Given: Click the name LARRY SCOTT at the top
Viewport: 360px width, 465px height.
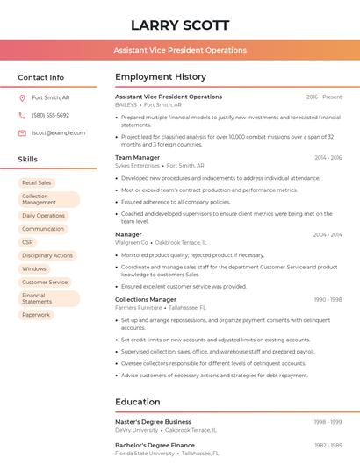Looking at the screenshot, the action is pos(180,25).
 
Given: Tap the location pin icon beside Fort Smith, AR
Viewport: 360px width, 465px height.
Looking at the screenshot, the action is pos(22,98).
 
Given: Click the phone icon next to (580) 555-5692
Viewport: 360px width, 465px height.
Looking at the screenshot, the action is pos(22,116).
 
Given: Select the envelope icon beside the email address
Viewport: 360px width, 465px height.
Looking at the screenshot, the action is pos(22,133).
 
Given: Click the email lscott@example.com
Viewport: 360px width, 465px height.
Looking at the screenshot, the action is pos(58,133).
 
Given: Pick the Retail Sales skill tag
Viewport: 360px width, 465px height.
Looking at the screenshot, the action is pos(37,182).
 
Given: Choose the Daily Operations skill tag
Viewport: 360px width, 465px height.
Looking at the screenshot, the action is pos(43,215).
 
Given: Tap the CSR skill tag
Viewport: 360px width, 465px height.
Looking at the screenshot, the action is pos(28,242).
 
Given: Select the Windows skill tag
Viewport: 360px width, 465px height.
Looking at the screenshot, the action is pos(34,268).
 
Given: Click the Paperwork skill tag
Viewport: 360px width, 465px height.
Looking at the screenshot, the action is pos(36,314).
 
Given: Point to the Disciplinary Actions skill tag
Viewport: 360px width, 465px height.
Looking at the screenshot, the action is pos(47,255).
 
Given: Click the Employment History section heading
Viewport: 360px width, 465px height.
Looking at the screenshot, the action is pos(161,77).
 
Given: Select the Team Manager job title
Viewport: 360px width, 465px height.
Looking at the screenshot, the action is pos(137,158).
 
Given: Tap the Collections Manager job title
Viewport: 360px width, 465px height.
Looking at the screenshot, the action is pos(146,300).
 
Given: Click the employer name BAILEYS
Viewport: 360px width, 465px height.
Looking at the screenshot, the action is pos(126,104).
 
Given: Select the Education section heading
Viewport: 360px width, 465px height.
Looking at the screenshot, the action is pos(137,402).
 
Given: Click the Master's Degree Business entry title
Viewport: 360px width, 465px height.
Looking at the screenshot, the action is pos(153,422).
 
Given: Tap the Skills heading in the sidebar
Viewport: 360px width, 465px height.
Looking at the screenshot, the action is pos(28,160).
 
